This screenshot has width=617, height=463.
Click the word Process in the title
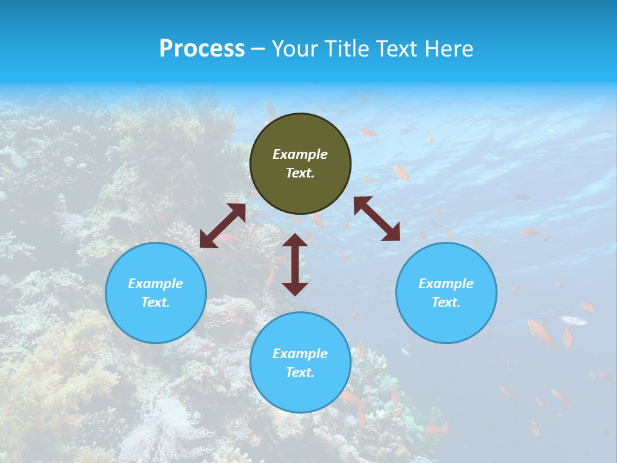[x=202, y=49]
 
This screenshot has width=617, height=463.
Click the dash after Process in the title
[x=258, y=50]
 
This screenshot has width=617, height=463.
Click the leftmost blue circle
[x=156, y=293]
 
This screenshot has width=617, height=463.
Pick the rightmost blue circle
[x=446, y=293]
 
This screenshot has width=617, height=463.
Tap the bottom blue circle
[x=300, y=362]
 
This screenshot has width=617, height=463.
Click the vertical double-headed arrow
[x=295, y=264]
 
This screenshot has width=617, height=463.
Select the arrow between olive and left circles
[x=222, y=226]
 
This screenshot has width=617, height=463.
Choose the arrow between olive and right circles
[x=377, y=219]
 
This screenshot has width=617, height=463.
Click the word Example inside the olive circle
[x=300, y=154]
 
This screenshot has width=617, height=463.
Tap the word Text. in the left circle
[x=156, y=302]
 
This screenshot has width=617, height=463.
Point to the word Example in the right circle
[x=446, y=284]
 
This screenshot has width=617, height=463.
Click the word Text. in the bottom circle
[x=300, y=372]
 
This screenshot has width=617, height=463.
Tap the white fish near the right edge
[x=573, y=320]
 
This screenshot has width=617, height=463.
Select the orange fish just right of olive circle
[x=401, y=172]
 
